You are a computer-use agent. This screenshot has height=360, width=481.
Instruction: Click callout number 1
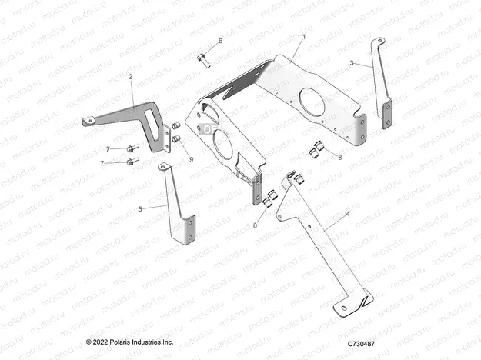coord(303,36)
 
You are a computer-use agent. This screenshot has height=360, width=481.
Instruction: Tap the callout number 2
coord(131,77)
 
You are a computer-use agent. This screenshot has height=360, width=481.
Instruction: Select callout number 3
coord(351,64)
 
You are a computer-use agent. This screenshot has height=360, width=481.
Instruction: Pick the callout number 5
coord(140,208)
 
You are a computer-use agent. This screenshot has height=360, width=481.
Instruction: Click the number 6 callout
coord(219,40)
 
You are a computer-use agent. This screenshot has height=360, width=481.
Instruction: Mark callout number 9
coord(191,159)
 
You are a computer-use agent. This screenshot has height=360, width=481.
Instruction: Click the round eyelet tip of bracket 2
coord(89,120)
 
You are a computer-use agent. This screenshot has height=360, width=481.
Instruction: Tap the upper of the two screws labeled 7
coord(132,148)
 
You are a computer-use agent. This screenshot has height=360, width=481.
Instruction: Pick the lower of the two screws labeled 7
coord(132,162)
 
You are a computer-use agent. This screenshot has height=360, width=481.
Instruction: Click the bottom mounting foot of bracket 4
coord(350,305)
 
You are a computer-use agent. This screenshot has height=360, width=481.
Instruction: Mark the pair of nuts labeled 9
coord(175,132)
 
